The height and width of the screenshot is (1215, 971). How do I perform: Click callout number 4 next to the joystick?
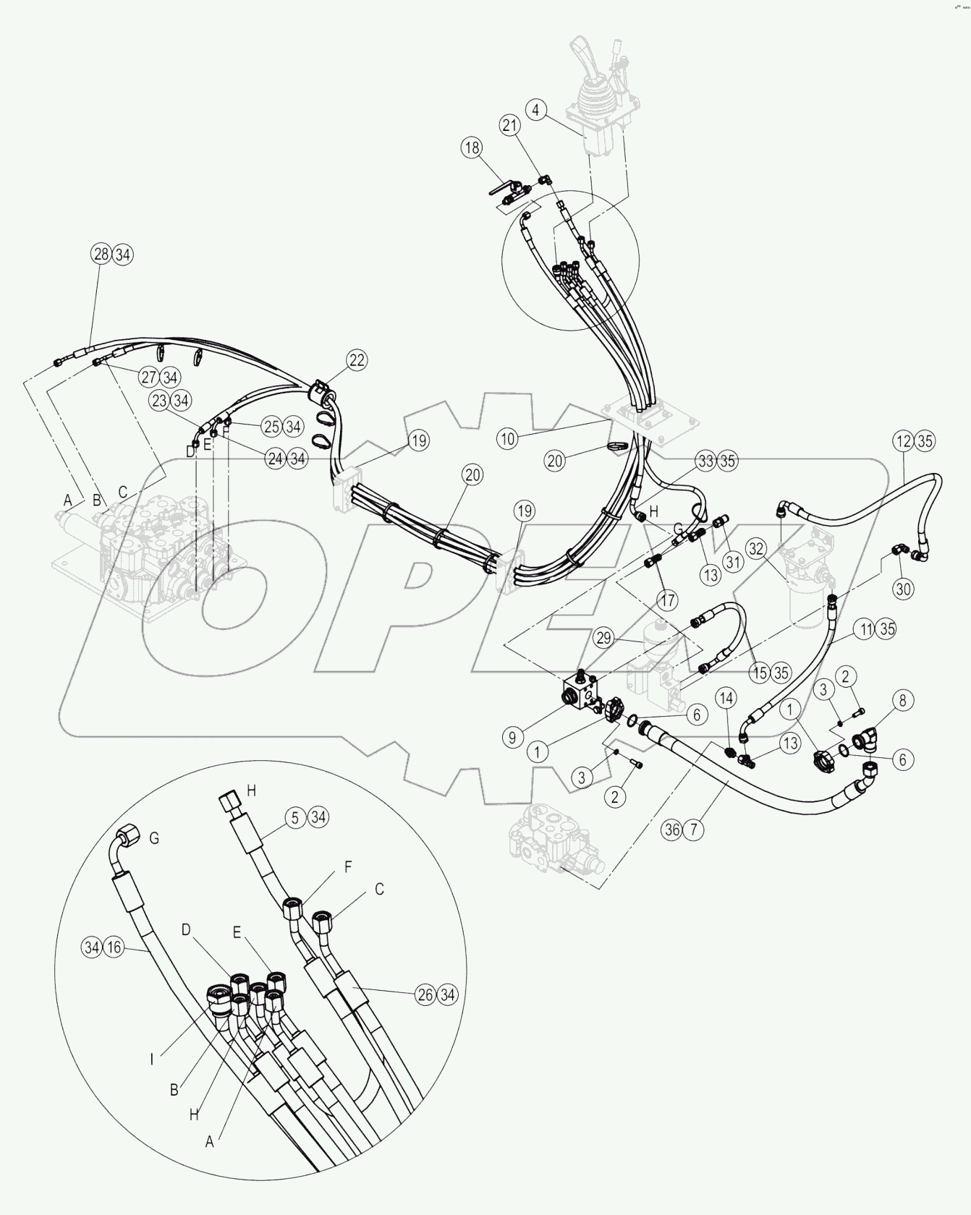click(x=535, y=111)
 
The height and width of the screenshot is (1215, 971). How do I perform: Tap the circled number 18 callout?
click(x=472, y=148)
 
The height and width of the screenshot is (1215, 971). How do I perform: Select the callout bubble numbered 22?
click(x=356, y=360)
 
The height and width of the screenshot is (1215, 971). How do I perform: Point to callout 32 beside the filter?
click(x=756, y=549)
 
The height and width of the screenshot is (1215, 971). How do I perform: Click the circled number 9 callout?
click(x=512, y=738)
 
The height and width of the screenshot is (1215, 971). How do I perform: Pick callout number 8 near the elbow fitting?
click(x=902, y=700)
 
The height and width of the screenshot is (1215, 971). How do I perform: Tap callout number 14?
click(x=726, y=698)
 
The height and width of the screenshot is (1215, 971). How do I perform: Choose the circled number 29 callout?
click(x=604, y=638)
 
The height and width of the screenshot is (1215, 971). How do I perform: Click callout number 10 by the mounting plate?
click(x=508, y=438)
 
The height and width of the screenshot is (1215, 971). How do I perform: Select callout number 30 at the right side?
click(x=903, y=589)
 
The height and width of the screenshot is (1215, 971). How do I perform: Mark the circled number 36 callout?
click(x=672, y=830)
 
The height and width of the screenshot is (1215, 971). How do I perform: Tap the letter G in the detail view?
click(x=154, y=839)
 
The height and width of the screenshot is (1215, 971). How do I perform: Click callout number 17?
click(x=666, y=600)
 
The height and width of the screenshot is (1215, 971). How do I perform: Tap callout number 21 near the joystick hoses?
click(x=510, y=125)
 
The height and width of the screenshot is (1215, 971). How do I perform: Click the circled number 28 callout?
click(x=101, y=254)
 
